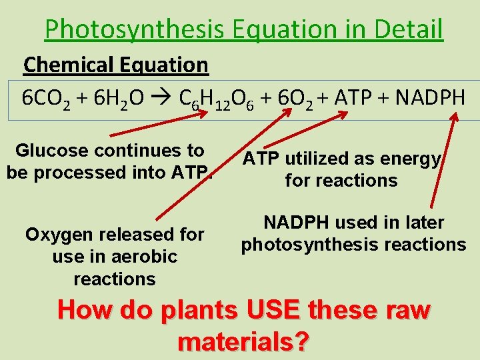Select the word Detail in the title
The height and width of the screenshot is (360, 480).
pos(409,29)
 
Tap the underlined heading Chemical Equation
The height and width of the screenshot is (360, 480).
pos(116,65)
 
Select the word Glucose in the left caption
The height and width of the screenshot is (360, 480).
pos(51,150)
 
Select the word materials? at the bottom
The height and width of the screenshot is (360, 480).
pos(244,341)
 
